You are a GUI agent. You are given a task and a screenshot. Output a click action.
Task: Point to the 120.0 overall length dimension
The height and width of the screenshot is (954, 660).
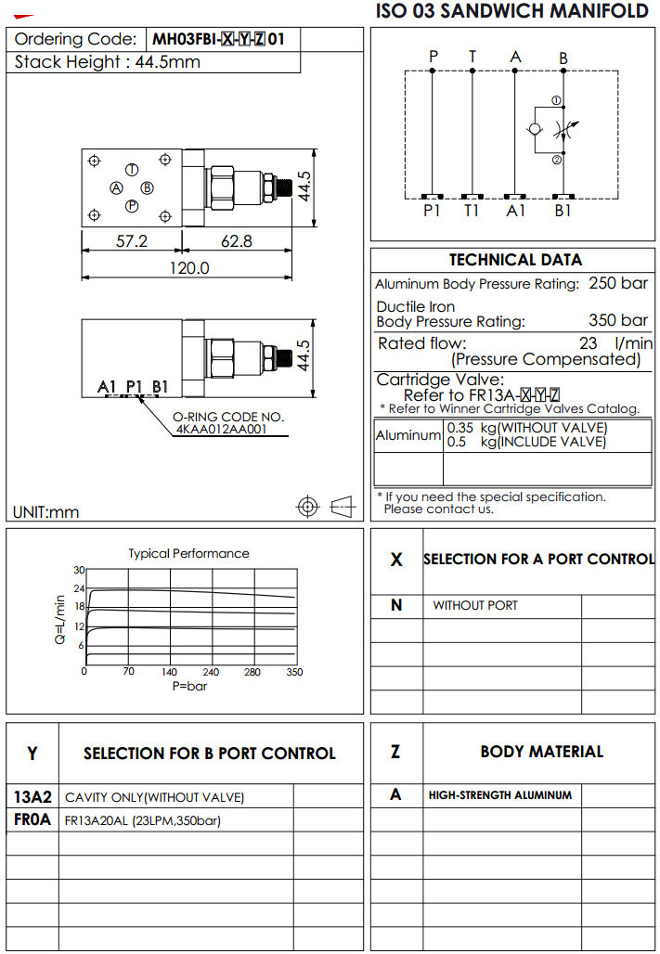(189, 268)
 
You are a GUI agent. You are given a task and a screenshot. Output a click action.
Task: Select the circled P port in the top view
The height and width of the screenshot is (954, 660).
(133, 206)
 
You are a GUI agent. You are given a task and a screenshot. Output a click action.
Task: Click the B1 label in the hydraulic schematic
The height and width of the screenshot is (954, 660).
(563, 211)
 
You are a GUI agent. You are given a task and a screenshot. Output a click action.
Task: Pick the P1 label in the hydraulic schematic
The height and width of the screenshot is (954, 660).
(432, 211)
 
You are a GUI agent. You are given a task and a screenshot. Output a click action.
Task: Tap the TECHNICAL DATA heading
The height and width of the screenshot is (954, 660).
(515, 260)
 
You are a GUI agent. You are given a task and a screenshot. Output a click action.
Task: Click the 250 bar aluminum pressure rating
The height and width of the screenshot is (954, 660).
(618, 283)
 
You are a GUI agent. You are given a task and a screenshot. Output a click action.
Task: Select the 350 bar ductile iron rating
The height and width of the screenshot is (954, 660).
(618, 321)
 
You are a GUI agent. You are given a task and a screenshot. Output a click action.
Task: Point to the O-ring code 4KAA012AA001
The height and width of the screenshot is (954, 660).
(220, 430)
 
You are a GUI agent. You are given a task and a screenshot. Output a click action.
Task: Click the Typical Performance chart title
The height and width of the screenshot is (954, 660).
(188, 553)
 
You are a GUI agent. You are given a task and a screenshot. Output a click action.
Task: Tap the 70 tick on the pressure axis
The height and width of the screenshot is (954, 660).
(129, 672)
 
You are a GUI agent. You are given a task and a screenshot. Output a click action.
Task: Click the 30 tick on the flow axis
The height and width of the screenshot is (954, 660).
(79, 570)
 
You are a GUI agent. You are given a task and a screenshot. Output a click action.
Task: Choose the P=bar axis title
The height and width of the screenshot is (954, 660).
(189, 686)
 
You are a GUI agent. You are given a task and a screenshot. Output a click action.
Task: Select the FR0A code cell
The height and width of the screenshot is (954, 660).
(32, 819)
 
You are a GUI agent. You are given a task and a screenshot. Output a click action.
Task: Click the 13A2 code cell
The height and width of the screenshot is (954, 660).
(32, 796)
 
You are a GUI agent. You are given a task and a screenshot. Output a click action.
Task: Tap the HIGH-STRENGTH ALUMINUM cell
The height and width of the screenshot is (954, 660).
(500, 795)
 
